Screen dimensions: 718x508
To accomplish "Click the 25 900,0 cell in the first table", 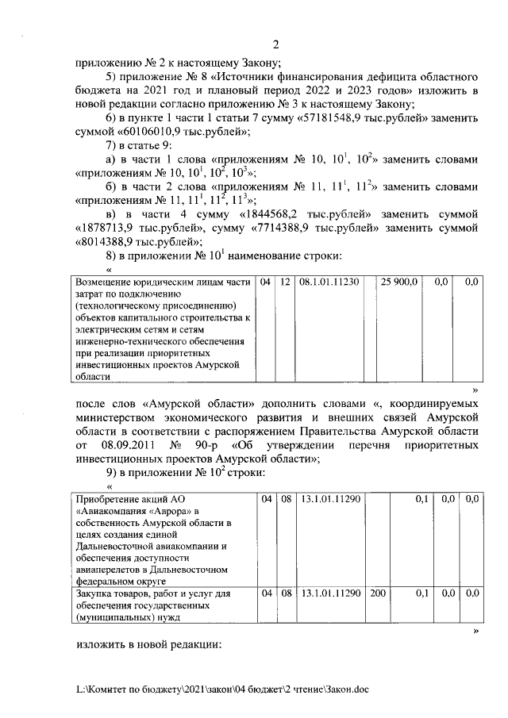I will point(399,282).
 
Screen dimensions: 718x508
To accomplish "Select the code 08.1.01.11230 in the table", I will point(329,282).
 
